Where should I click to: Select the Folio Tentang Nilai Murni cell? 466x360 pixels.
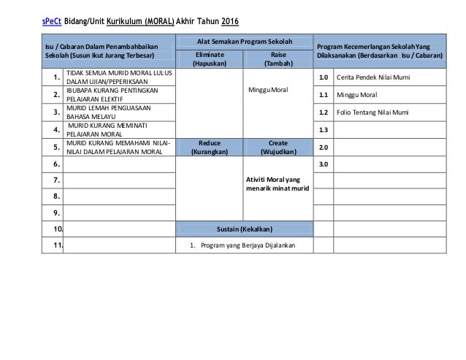tap(373, 112)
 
